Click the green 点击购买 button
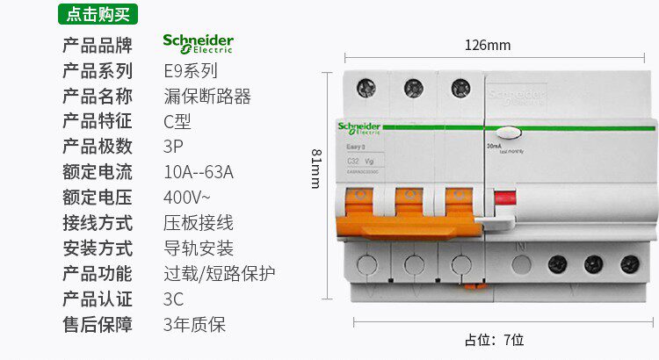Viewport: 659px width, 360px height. tap(98, 14)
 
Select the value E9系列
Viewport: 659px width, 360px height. tap(190, 71)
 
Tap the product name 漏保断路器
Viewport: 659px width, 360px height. tap(207, 97)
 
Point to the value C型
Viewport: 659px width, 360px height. tap(177, 121)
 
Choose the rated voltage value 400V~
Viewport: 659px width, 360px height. tap(186, 198)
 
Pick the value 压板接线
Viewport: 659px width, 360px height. tap(199, 223)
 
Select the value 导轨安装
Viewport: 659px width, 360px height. tap(199, 248)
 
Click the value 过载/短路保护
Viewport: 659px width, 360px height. tap(220, 273)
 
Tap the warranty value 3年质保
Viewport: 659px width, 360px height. tap(194, 324)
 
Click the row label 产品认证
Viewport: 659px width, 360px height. tap(98, 299)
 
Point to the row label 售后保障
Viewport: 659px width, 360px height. tap(98, 324)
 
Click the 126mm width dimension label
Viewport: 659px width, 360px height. tap(488, 45)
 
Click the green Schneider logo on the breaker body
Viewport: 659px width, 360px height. tap(358, 127)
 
